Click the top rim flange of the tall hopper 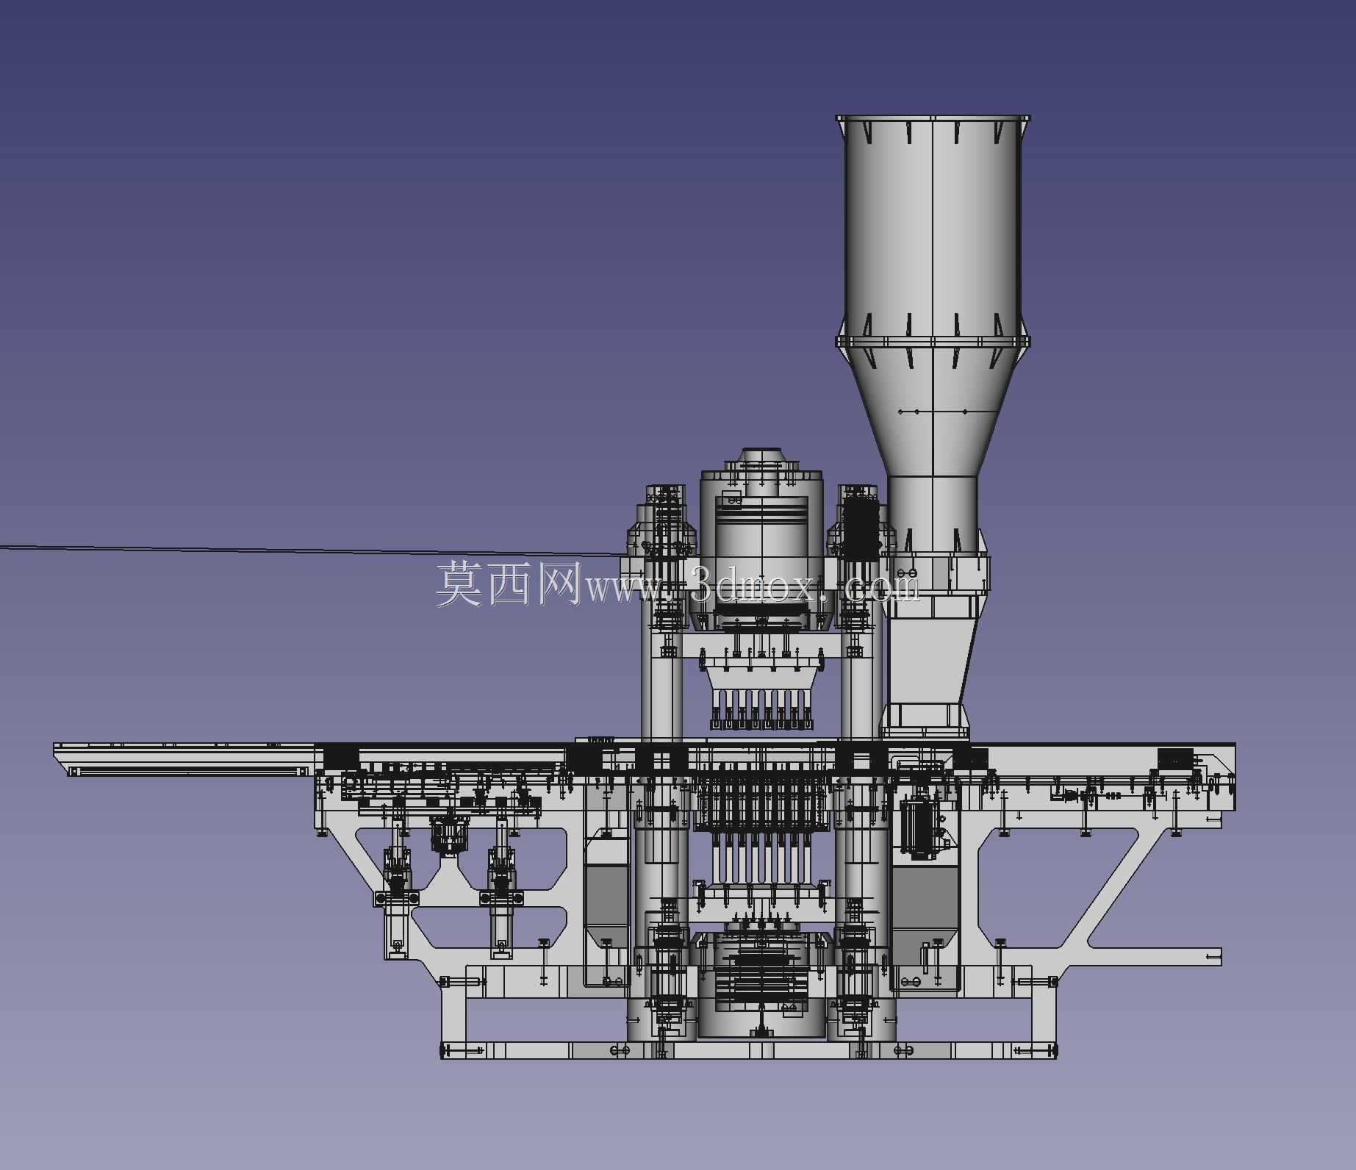tap(933, 118)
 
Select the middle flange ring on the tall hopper tap(933, 342)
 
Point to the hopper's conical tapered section tap(933, 412)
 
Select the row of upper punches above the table tap(761, 709)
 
